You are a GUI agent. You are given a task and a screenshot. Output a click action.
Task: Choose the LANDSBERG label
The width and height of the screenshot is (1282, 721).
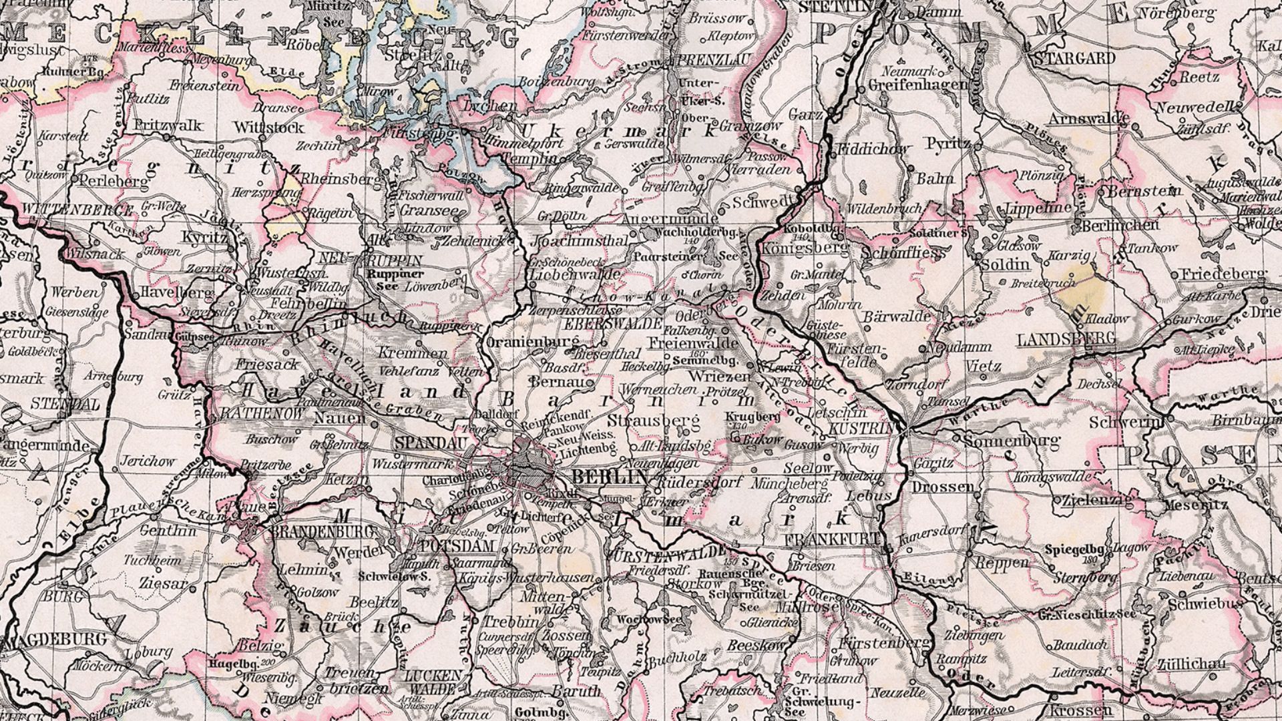pos(1066,339)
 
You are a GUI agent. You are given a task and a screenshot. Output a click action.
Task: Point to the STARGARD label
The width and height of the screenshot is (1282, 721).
pos(1074,58)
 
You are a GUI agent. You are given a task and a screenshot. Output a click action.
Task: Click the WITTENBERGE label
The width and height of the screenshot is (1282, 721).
pos(77,210)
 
